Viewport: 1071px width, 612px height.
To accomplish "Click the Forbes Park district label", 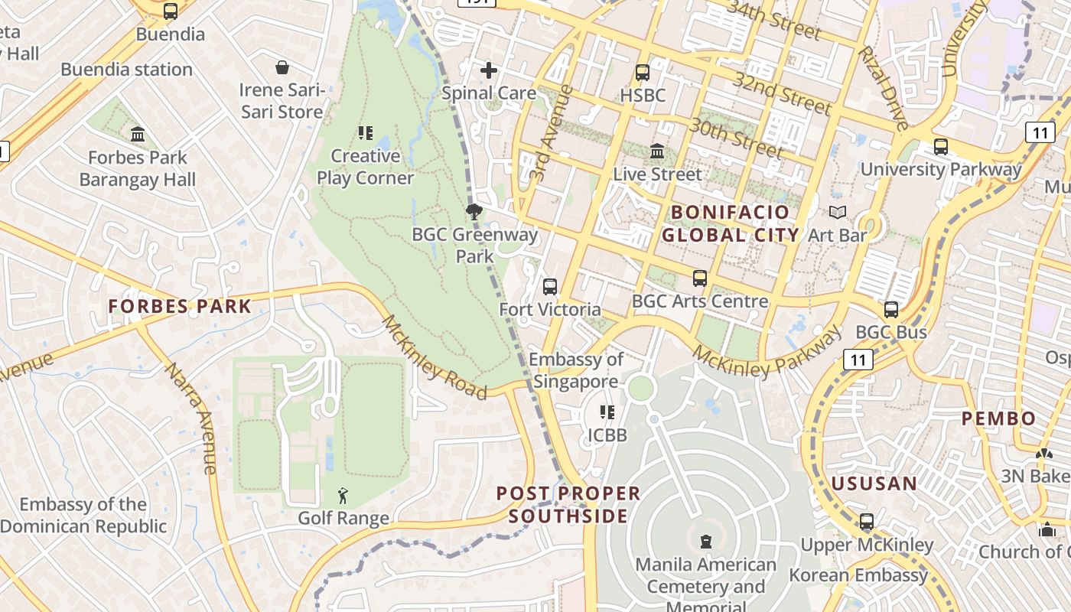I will tap(179, 307).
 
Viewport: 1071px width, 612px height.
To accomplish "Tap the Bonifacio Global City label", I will tap(730, 223).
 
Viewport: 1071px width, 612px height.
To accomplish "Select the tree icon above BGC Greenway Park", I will tap(474, 212).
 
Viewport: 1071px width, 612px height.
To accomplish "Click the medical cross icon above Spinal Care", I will tap(489, 71).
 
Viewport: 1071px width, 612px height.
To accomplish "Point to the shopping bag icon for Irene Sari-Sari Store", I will tap(282, 67).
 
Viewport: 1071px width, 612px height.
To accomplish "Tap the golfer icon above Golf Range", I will tap(343, 496).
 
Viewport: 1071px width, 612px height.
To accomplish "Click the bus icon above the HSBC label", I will tap(643, 73).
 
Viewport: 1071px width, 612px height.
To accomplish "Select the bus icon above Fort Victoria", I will tap(549, 287).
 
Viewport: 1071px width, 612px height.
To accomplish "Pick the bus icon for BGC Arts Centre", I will tap(699, 278).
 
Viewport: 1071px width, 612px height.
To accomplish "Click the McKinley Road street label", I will tap(434, 357).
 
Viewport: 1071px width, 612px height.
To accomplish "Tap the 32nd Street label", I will tap(781, 93).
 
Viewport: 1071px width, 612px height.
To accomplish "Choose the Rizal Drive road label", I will tap(884, 87).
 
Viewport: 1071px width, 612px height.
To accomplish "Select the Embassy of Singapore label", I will tap(576, 370).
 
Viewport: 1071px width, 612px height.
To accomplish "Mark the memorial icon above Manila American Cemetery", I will tap(705, 542).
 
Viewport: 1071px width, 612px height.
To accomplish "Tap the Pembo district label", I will tap(998, 418).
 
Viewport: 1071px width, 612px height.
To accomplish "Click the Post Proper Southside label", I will tap(568, 505).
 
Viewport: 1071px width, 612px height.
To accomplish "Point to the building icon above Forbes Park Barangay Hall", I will tap(138, 135).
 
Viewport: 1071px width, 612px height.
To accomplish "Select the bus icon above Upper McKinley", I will tap(866, 522).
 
